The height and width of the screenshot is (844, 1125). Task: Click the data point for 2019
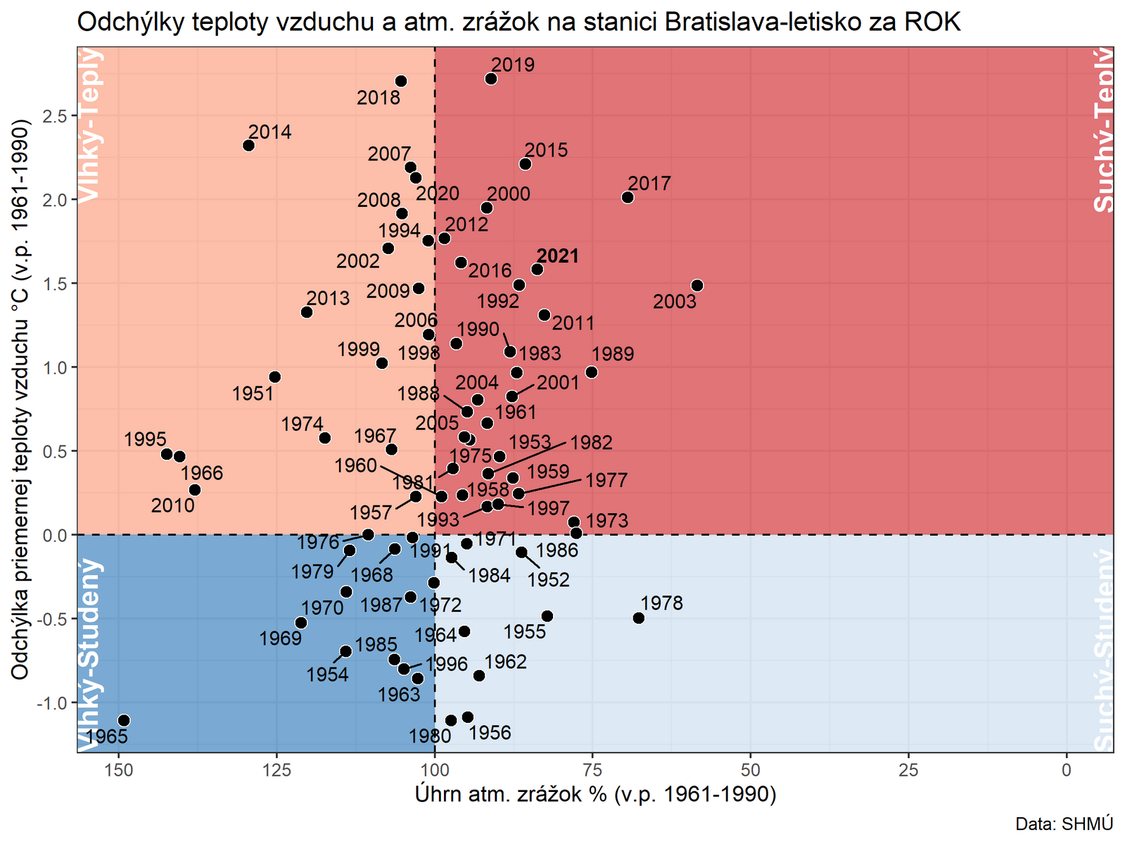[491, 79]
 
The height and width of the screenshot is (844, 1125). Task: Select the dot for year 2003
[697, 286]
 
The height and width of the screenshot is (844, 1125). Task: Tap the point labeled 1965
[124, 720]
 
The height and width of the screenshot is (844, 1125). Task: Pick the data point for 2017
[628, 197]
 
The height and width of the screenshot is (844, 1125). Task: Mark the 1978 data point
[639, 618]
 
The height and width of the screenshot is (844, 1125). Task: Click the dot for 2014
[248, 146]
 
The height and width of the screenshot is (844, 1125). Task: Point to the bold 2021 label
[558, 256]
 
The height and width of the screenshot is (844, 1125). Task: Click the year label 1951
[253, 393]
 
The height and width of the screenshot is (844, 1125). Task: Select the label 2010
[173, 505]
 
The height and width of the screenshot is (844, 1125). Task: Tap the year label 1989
[613, 354]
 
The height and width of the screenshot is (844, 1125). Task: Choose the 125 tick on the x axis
[277, 770]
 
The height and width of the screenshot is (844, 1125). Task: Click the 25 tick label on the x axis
[909, 770]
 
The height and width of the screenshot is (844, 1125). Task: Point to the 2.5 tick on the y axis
[54, 116]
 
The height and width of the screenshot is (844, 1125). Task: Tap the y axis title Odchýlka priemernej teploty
[21, 399]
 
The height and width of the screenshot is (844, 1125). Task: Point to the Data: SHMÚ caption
[1064, 824]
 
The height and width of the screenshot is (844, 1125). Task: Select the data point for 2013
[307, 312]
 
